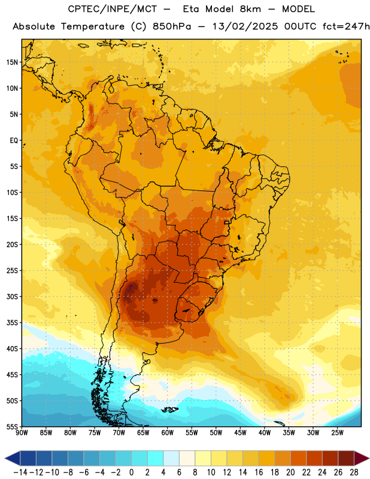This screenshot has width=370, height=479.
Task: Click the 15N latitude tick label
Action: [12, 62]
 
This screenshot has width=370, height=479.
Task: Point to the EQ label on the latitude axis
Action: [14, 141]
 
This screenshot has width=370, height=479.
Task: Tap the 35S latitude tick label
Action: [12, 323]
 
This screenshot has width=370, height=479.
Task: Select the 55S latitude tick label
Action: [12, 426]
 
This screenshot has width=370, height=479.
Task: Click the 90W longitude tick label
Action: [22, 433]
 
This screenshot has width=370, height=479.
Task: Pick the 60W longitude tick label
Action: [168, 433]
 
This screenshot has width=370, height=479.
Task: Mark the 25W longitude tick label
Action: [337, 433]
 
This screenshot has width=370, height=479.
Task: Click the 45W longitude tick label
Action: [240, 433]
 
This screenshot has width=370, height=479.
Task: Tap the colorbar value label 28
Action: [354, 472]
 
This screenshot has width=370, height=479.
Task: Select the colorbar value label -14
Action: [20, 472]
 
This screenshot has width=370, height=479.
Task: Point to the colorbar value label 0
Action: [131, 472]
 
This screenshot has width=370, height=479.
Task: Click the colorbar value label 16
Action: [259, 472]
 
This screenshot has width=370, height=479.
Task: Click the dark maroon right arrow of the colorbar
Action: [361, 458]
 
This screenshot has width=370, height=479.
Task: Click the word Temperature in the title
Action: [93, 26]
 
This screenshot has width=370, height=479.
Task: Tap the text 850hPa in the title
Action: [172, 26]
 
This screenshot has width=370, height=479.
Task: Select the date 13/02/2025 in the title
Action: [245, 26]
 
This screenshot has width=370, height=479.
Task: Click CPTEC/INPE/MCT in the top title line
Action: [112, 9]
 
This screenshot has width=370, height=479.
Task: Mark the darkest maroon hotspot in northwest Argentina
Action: [131, 289]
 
